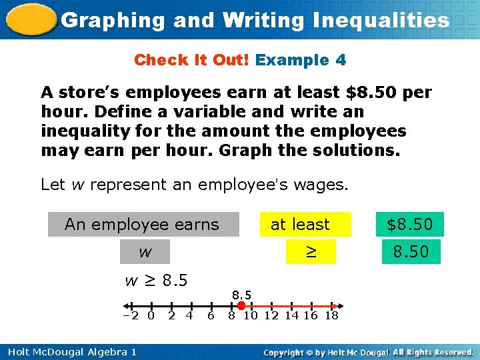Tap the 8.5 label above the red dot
pos(241,294)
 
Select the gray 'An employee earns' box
pos(143,225)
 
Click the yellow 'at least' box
pos(299,225)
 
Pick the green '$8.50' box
pos(411,225)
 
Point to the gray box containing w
pos(145,252)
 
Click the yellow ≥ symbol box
pos(310,252)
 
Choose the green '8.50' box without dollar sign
pos(411,252)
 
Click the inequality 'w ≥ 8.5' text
pos(157,280)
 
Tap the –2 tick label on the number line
pos(131,315)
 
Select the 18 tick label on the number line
pos(331,315)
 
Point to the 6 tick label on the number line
pos(211,315)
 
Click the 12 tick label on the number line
pos(270,315)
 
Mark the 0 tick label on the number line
pos(151,315)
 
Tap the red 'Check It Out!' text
pos(191,60)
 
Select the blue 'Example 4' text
pos(301,60)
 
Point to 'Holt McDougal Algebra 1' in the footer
pos(71,352)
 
